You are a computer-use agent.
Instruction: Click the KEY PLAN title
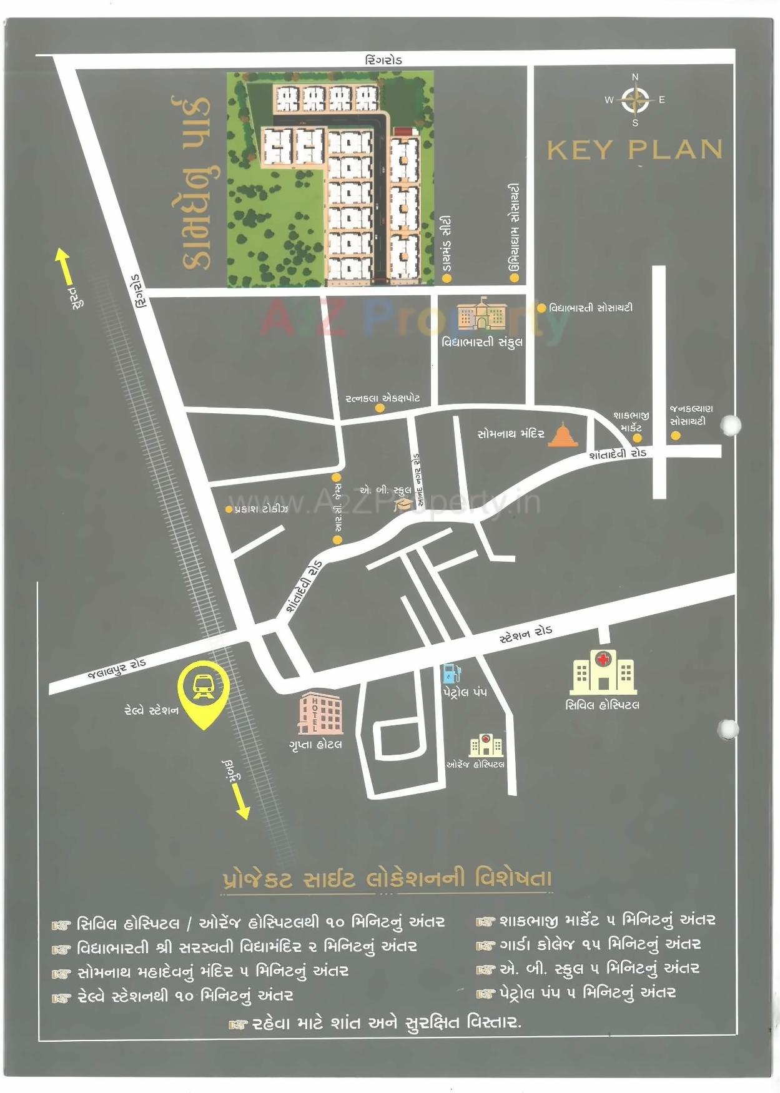[x=634, y=150]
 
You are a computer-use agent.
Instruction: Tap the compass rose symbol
[x=635, y=100]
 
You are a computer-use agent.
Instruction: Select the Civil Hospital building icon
[x=603, y=672]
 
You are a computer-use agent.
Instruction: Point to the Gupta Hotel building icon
[x=320, y=713]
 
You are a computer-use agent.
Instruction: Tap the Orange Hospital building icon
[x=486, y=745]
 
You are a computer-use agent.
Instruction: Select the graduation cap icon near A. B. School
[x=403, y=503]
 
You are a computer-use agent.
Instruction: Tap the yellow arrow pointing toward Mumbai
[x=240, y=801]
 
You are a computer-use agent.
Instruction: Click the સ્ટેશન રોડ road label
[x=526, y=634]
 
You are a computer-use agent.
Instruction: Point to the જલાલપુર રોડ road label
[x=117, y=669]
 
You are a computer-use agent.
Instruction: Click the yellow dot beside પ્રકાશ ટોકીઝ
[x=229, y=509]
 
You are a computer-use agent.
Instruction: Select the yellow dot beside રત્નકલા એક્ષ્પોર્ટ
[x=380, y=408]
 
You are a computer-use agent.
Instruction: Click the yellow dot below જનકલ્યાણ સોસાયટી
[x=676, y=436]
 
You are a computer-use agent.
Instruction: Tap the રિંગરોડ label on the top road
[x=383, y=60]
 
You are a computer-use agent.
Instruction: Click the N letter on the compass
[x=635, y=77]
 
